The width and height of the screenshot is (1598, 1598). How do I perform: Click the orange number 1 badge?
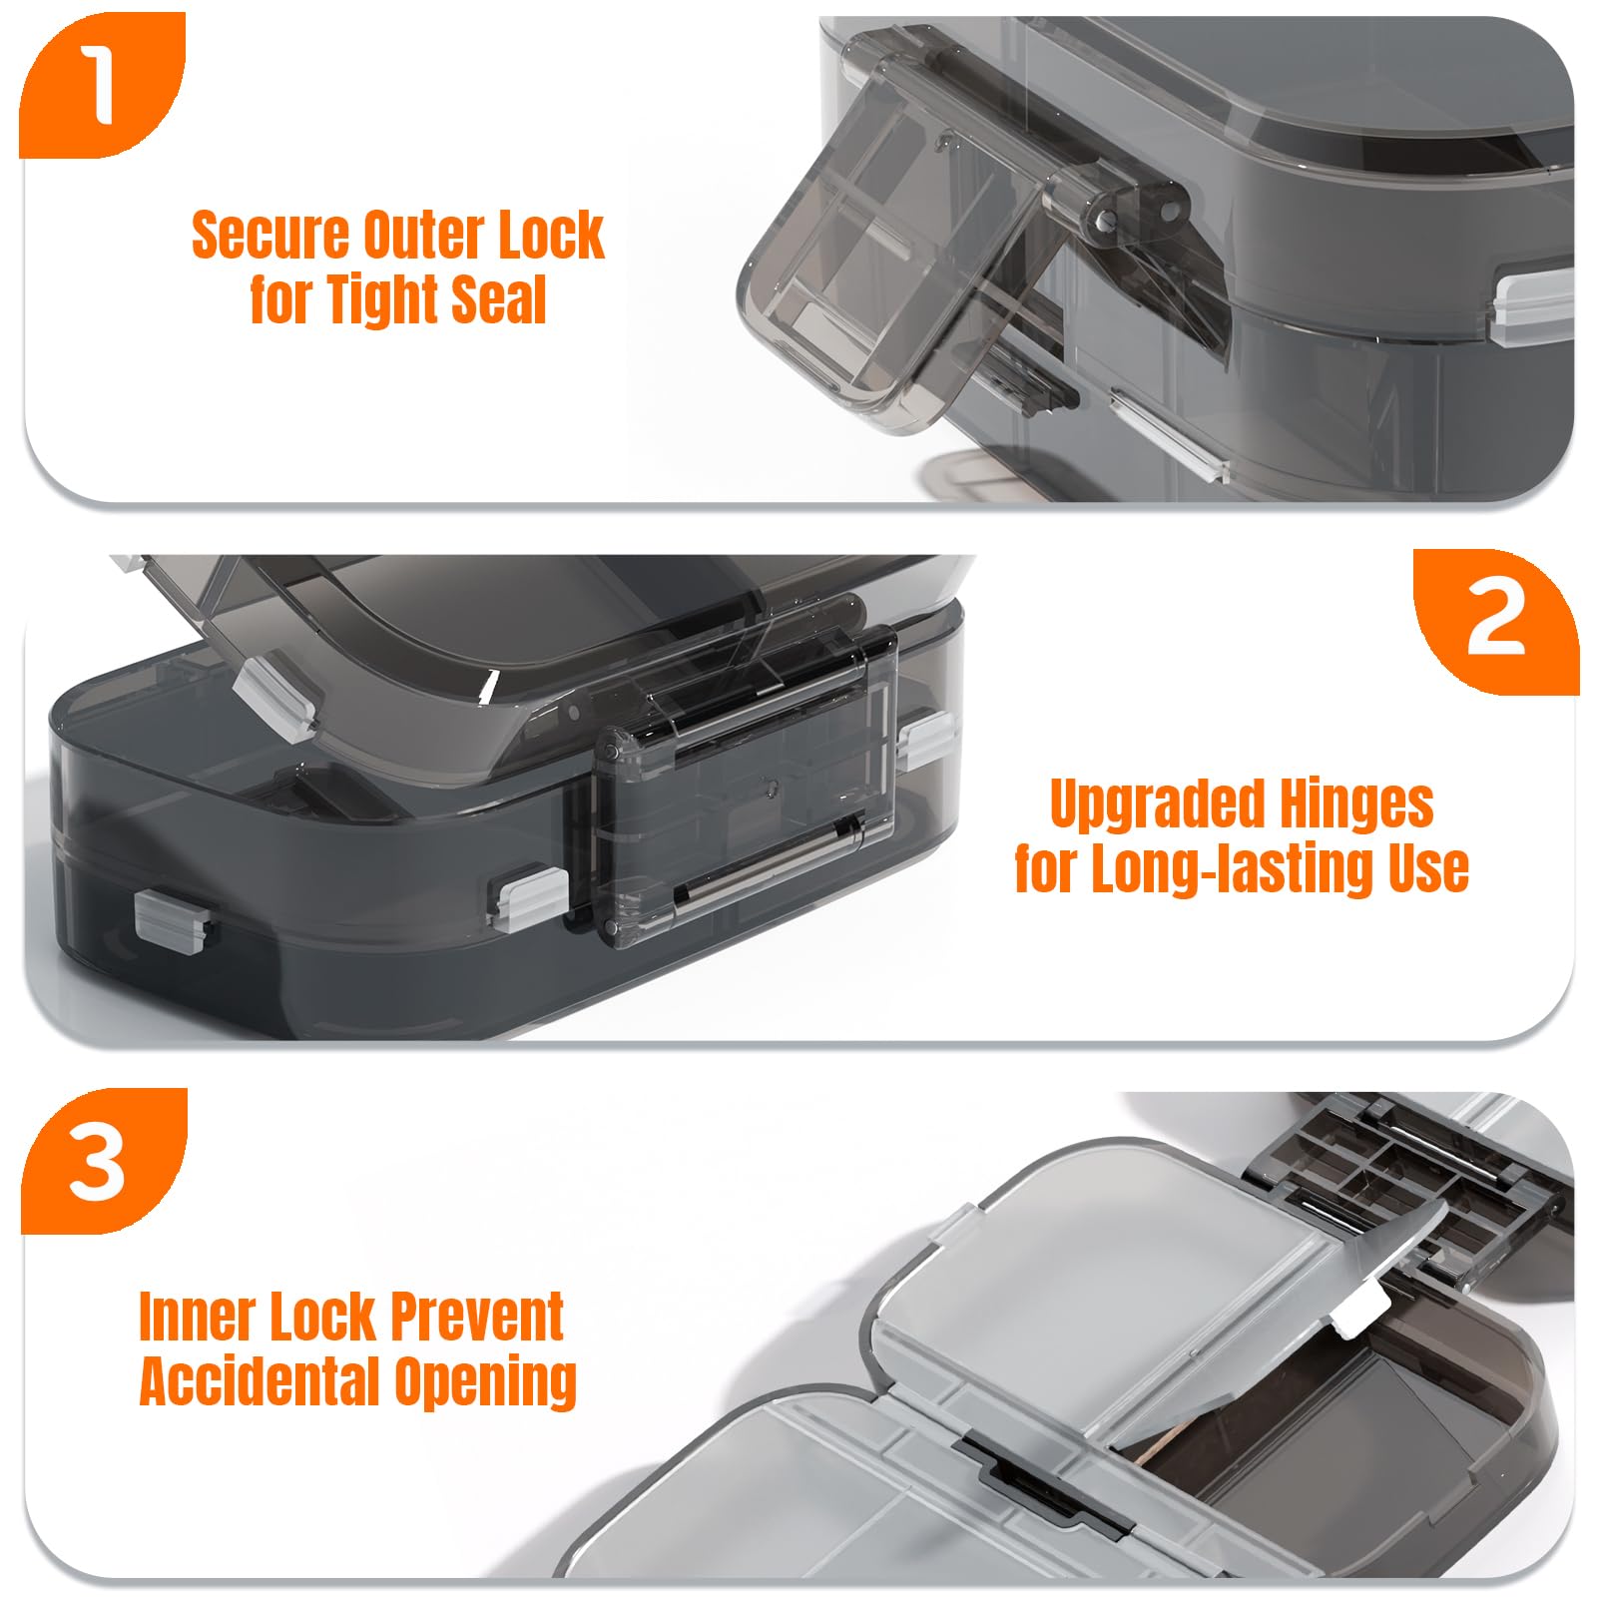pyautogui.click(x=102, y=84)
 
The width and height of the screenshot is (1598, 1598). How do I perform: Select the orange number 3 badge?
pyautogui.click(x=103, y=1161)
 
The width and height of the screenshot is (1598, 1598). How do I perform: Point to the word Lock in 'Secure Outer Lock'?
pyautogui.click(x=551, y=236)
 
